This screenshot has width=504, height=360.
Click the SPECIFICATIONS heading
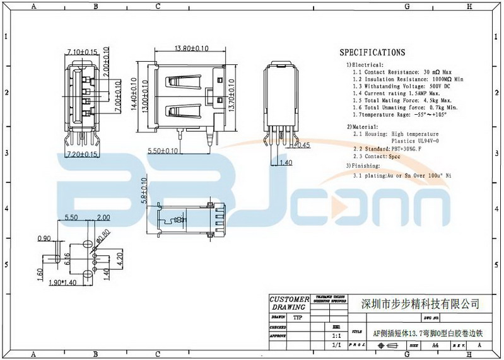click(x=372, y=52)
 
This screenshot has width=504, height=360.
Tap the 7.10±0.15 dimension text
click(x=81, y=51)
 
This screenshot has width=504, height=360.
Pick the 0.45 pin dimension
click(x=302, y=145)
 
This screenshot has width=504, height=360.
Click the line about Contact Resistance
click(x=402, y=73)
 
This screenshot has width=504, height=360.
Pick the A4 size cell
click(x=435, y=346)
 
